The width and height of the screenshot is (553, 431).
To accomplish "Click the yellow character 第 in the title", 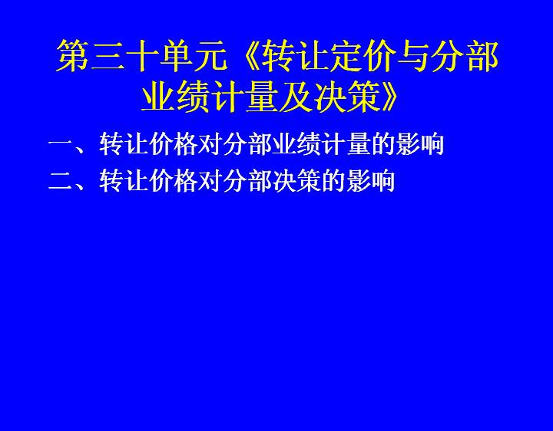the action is [x=74, y=56].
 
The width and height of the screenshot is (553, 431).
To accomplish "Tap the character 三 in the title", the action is [x=108, y=56].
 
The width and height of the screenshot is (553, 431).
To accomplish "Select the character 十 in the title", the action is [x=142, y=56].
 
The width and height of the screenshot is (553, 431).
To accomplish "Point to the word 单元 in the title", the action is [x=194, y=56].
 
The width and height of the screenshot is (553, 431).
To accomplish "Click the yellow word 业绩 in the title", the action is [x=176, y=96].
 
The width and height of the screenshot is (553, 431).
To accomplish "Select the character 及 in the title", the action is [x=296, y=96].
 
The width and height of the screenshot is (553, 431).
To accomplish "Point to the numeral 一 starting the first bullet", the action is [x=60, y=144].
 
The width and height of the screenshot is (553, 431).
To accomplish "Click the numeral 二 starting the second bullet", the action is [x=60, y=181].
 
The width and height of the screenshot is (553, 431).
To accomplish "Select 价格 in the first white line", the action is [x=173, y=144].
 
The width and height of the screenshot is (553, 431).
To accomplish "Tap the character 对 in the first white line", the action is [x=210, y=144].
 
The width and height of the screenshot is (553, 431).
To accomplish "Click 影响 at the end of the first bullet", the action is [x=419, y=144].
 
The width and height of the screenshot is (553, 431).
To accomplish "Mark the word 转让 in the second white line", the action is [x=124, y=181].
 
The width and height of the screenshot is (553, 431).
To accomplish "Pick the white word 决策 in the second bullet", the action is [x=296, y=181].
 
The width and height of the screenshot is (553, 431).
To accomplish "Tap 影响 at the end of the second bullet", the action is [x=370, y=181].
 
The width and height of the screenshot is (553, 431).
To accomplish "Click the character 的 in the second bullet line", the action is [x=333, y=181].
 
